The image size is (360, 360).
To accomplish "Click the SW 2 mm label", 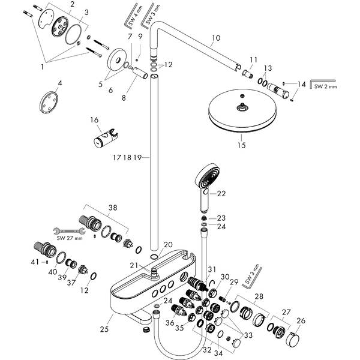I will tap(326, 86).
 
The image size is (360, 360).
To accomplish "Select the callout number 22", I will tap(221, 193).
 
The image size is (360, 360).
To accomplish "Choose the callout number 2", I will tap(72, 5).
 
